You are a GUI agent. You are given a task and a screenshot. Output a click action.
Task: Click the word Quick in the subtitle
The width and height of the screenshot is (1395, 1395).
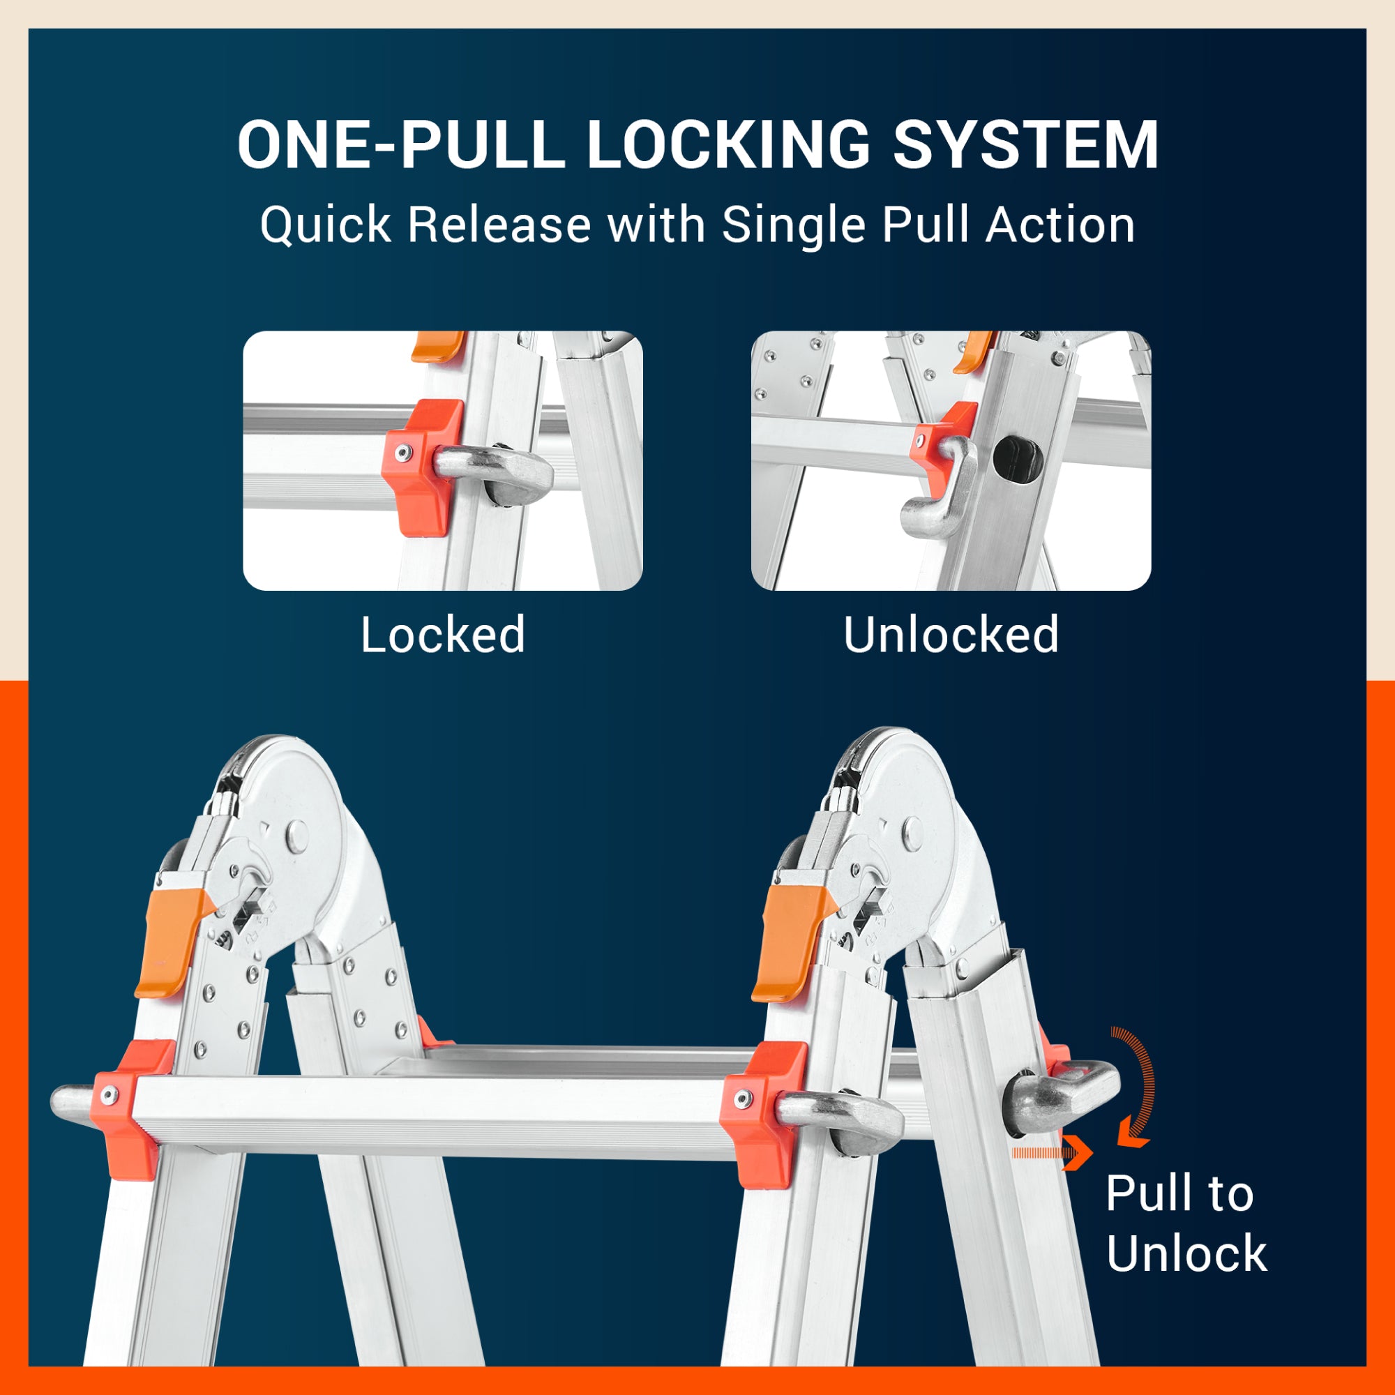point(326,225)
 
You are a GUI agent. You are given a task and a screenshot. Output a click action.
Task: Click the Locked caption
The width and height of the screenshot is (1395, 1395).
point(443,635)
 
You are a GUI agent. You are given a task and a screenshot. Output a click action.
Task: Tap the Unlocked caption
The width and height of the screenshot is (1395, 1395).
point(951,635)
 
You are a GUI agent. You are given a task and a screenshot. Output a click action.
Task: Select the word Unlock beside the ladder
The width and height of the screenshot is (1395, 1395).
point(1186,1253)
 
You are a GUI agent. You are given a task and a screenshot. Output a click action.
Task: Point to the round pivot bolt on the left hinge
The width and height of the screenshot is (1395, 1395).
point(296,836)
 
